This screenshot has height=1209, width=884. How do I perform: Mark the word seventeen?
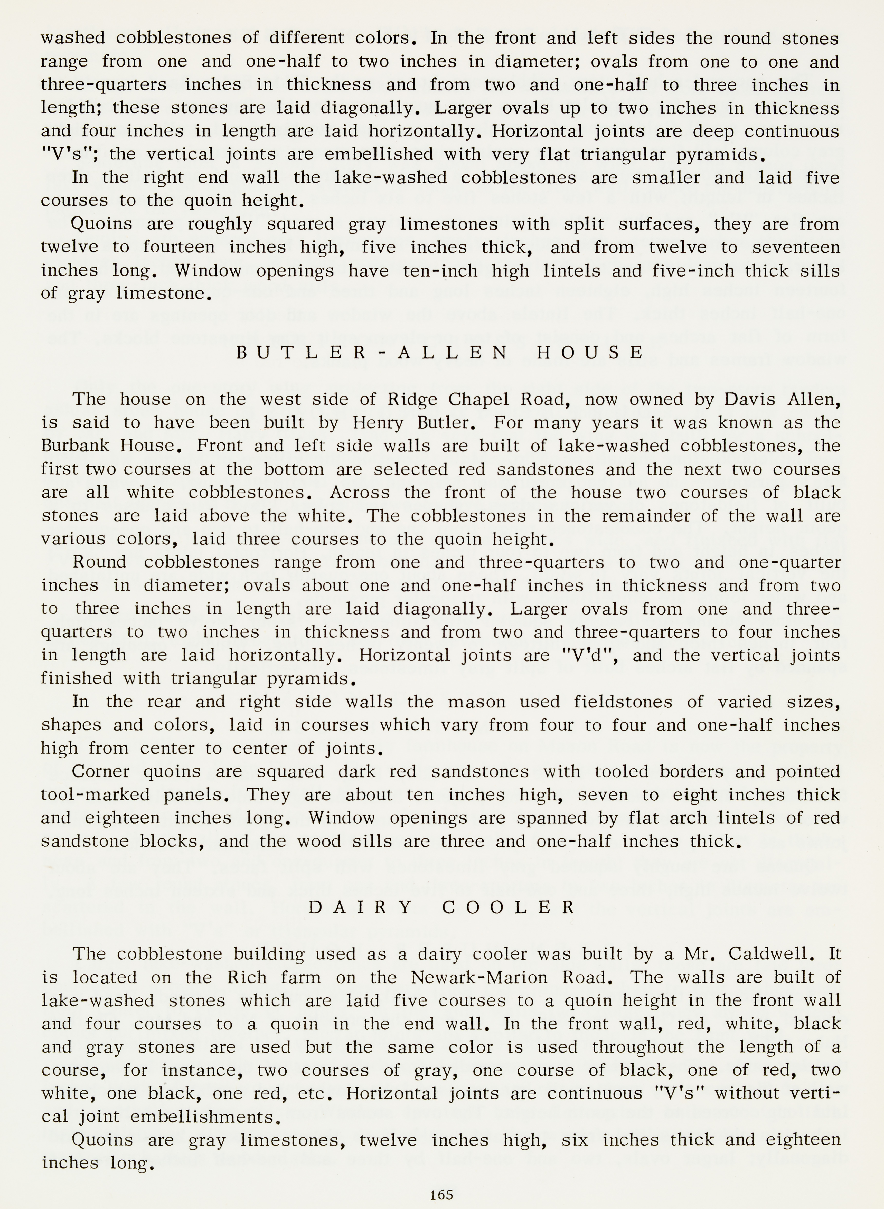[x=796, y=247]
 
